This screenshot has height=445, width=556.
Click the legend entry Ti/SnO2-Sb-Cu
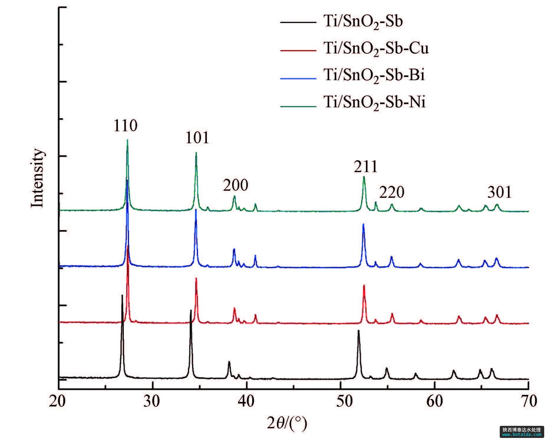point(376,48)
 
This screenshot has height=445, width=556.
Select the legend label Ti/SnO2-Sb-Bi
point(374,75)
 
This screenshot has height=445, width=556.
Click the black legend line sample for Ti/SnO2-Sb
point(298,22)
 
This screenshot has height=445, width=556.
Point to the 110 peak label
point(126,126)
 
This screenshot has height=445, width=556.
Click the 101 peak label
point(197,138)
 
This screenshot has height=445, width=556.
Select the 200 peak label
point(235,185)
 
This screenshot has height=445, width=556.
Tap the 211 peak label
point(366,167)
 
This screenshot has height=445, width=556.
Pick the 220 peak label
point(392,192)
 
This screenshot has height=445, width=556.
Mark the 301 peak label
point(499,192)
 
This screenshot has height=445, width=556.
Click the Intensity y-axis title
point(37,178)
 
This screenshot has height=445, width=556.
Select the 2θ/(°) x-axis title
point(287,424)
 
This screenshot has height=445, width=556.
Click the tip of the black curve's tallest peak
point(122,295)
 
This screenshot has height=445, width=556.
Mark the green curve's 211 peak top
point(364,177)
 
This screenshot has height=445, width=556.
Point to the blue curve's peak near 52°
point(363,224)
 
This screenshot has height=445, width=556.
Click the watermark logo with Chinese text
point(522,432)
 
